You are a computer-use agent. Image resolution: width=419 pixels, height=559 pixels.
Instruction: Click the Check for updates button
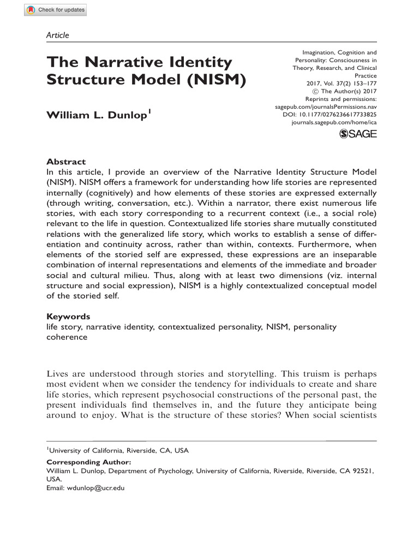[55, 10]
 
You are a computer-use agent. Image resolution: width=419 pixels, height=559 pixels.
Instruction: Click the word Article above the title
[58, 35]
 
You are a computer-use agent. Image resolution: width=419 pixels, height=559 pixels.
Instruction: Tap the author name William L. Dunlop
[96, 116]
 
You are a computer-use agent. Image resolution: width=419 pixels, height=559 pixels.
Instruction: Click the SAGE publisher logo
[358, 135]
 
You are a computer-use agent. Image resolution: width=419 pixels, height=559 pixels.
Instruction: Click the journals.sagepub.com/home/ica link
[334, 123]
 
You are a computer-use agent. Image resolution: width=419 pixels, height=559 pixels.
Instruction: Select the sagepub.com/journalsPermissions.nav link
[326, 108]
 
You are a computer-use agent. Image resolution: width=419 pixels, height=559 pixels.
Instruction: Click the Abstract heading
[66, 162]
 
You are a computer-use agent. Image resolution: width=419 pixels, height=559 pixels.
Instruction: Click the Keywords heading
[68, 317]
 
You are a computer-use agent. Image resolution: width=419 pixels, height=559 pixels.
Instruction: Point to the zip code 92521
[362, 470]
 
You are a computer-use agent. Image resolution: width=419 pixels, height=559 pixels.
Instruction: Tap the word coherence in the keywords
[67, 337]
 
